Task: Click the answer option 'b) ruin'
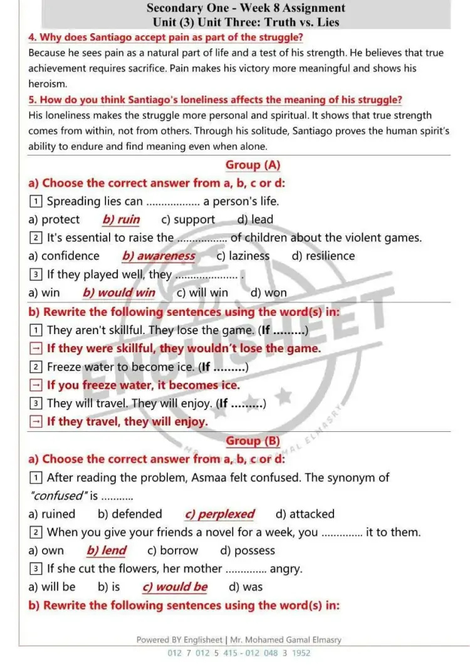121,220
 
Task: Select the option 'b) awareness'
159,256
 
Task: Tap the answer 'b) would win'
118,293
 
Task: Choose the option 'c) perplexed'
219,515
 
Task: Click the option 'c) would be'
175,587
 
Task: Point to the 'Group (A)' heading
253,165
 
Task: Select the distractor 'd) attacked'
305,515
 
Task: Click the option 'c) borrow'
172,551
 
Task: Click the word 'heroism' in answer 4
47,83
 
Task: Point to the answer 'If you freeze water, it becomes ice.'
143,385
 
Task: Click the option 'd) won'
268,293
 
